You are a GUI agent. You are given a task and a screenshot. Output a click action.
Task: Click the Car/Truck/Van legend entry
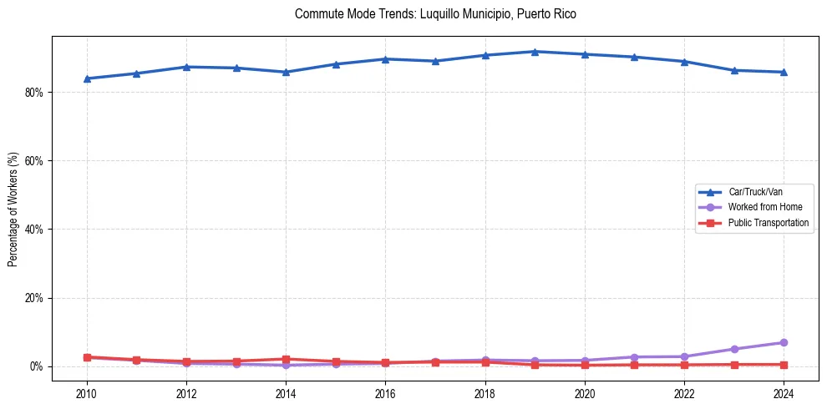tap(755, 192)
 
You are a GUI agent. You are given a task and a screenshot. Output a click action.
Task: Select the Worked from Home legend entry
tap(764, 207)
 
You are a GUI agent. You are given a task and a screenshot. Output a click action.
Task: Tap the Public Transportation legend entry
tap(768, 223)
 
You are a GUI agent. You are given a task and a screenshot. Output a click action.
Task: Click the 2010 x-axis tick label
tap(87, 392)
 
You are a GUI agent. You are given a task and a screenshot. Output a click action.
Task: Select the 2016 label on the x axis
tap(385, 392)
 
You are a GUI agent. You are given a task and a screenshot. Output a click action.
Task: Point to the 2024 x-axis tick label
tap(784, 392)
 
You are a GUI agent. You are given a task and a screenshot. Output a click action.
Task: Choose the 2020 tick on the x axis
tap(585, 392)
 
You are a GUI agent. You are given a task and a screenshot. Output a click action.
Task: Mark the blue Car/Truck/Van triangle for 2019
tap(535, 52)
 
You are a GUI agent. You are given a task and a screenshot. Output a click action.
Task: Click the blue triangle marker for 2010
tap(87, 78)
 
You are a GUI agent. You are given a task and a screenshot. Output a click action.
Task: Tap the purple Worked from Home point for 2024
tap(784, 343)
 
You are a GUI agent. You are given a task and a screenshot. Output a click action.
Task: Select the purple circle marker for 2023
tap(734, 349)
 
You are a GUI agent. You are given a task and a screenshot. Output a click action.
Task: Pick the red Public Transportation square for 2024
tap(784, 365)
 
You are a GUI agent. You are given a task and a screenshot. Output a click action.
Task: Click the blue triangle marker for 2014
tap(286, 72)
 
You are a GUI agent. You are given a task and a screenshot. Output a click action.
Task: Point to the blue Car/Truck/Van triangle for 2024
tap(784, 72)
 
